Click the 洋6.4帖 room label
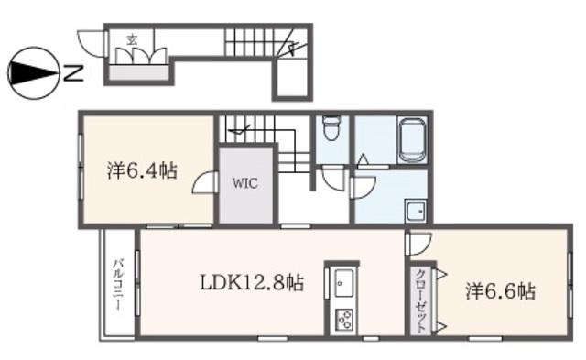click(x=143, y=171)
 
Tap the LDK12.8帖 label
click(x=252, y=283)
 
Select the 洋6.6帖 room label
click(x=501, y=291)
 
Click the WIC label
click(x=245, y=183)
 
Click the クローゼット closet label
click(x=421, y=300)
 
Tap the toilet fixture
click(x=331, y=127)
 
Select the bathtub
click(x=411, y=140)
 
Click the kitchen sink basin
click(x=343, y=283)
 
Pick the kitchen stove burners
click(x=343, y=320)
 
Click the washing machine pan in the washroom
click(x=415, y=212)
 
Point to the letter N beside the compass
click(x=73, y=73)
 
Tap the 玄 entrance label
click(x=132, y=39)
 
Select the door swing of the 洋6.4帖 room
click(x=203, y=182)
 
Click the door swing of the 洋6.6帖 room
click(x=419, y=244)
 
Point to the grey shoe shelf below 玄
click(x=138, y=72)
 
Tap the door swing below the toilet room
click(x=332, y=180)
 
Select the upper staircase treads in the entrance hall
click(x=258, y=42)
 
